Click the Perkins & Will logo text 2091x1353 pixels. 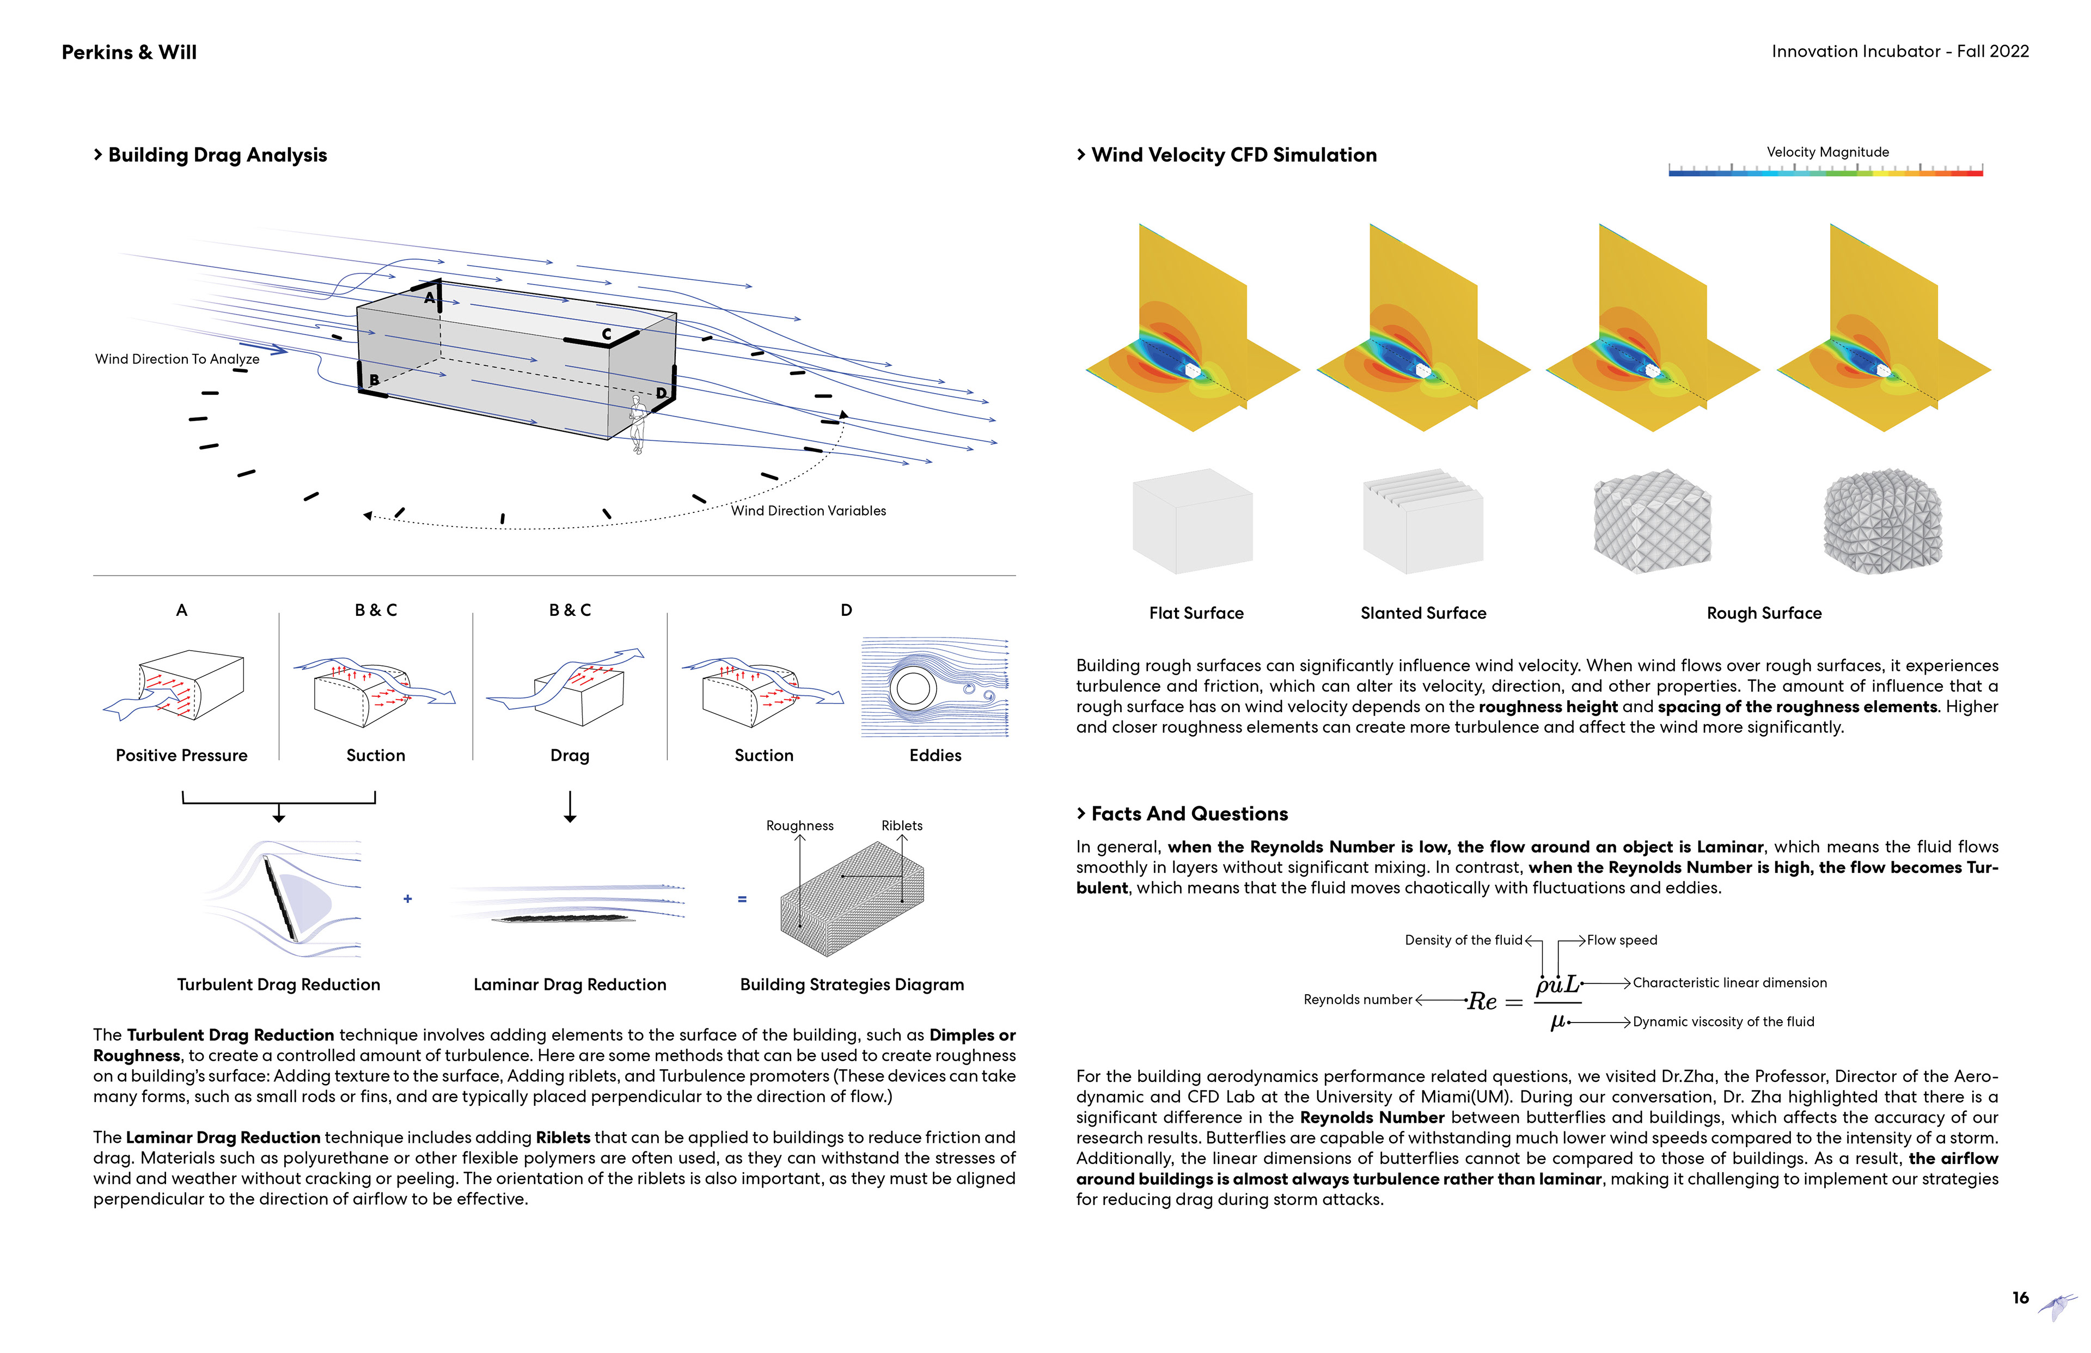pyautogui.click(x=129, y=53)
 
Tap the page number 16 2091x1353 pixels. pyautogui.click(x=2020, y=1297)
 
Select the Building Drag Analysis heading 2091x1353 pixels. pyautogui.click(x=217, y=156)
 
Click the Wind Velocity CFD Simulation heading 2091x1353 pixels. pyautogui.click(x=1233, y=156)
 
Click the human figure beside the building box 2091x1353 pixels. pyautogui.click(x=638, y=424)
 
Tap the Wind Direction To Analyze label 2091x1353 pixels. pyautogui.click(x=178, y=359)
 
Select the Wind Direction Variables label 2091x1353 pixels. pyautogui.click(x=808, y=511)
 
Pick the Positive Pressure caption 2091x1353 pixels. pyautogui.click(x=182, y=756)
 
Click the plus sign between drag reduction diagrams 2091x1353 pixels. pyautogui.click(x=408, y=899)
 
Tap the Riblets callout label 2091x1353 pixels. pyautogui.click(x=901, y=826)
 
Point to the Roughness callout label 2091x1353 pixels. pyautogui.click(x=799, y=826)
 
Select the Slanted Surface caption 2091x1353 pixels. pyautogui.click(x=1423, y=613)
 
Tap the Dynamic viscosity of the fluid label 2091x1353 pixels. pyautogui.click(x=1723, y=1022)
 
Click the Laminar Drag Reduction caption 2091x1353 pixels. pyautogui.click(x=570, y=985)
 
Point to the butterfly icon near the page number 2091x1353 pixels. pyautogui.click(x=2058, y=1306)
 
